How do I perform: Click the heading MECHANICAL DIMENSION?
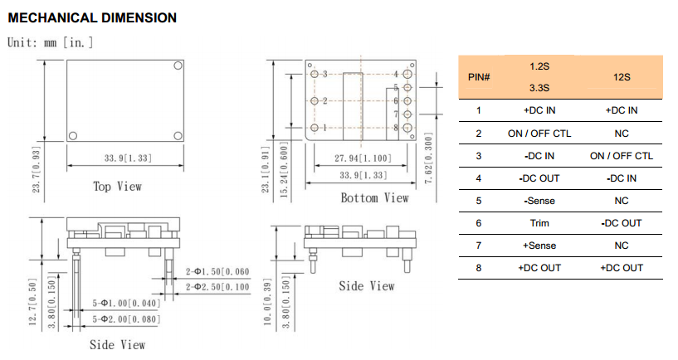point(92,17)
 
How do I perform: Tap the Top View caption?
point(118,187)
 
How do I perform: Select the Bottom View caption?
point(374,198)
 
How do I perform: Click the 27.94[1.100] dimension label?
point(363,158)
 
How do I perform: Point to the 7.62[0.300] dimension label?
point(428,158)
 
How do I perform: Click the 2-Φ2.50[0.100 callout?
point(217,287)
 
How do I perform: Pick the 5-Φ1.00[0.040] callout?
point(126,303)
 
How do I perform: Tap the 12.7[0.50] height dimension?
point(33,301)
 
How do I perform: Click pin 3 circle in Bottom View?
point(315,75)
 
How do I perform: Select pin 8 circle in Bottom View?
point(407,128)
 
